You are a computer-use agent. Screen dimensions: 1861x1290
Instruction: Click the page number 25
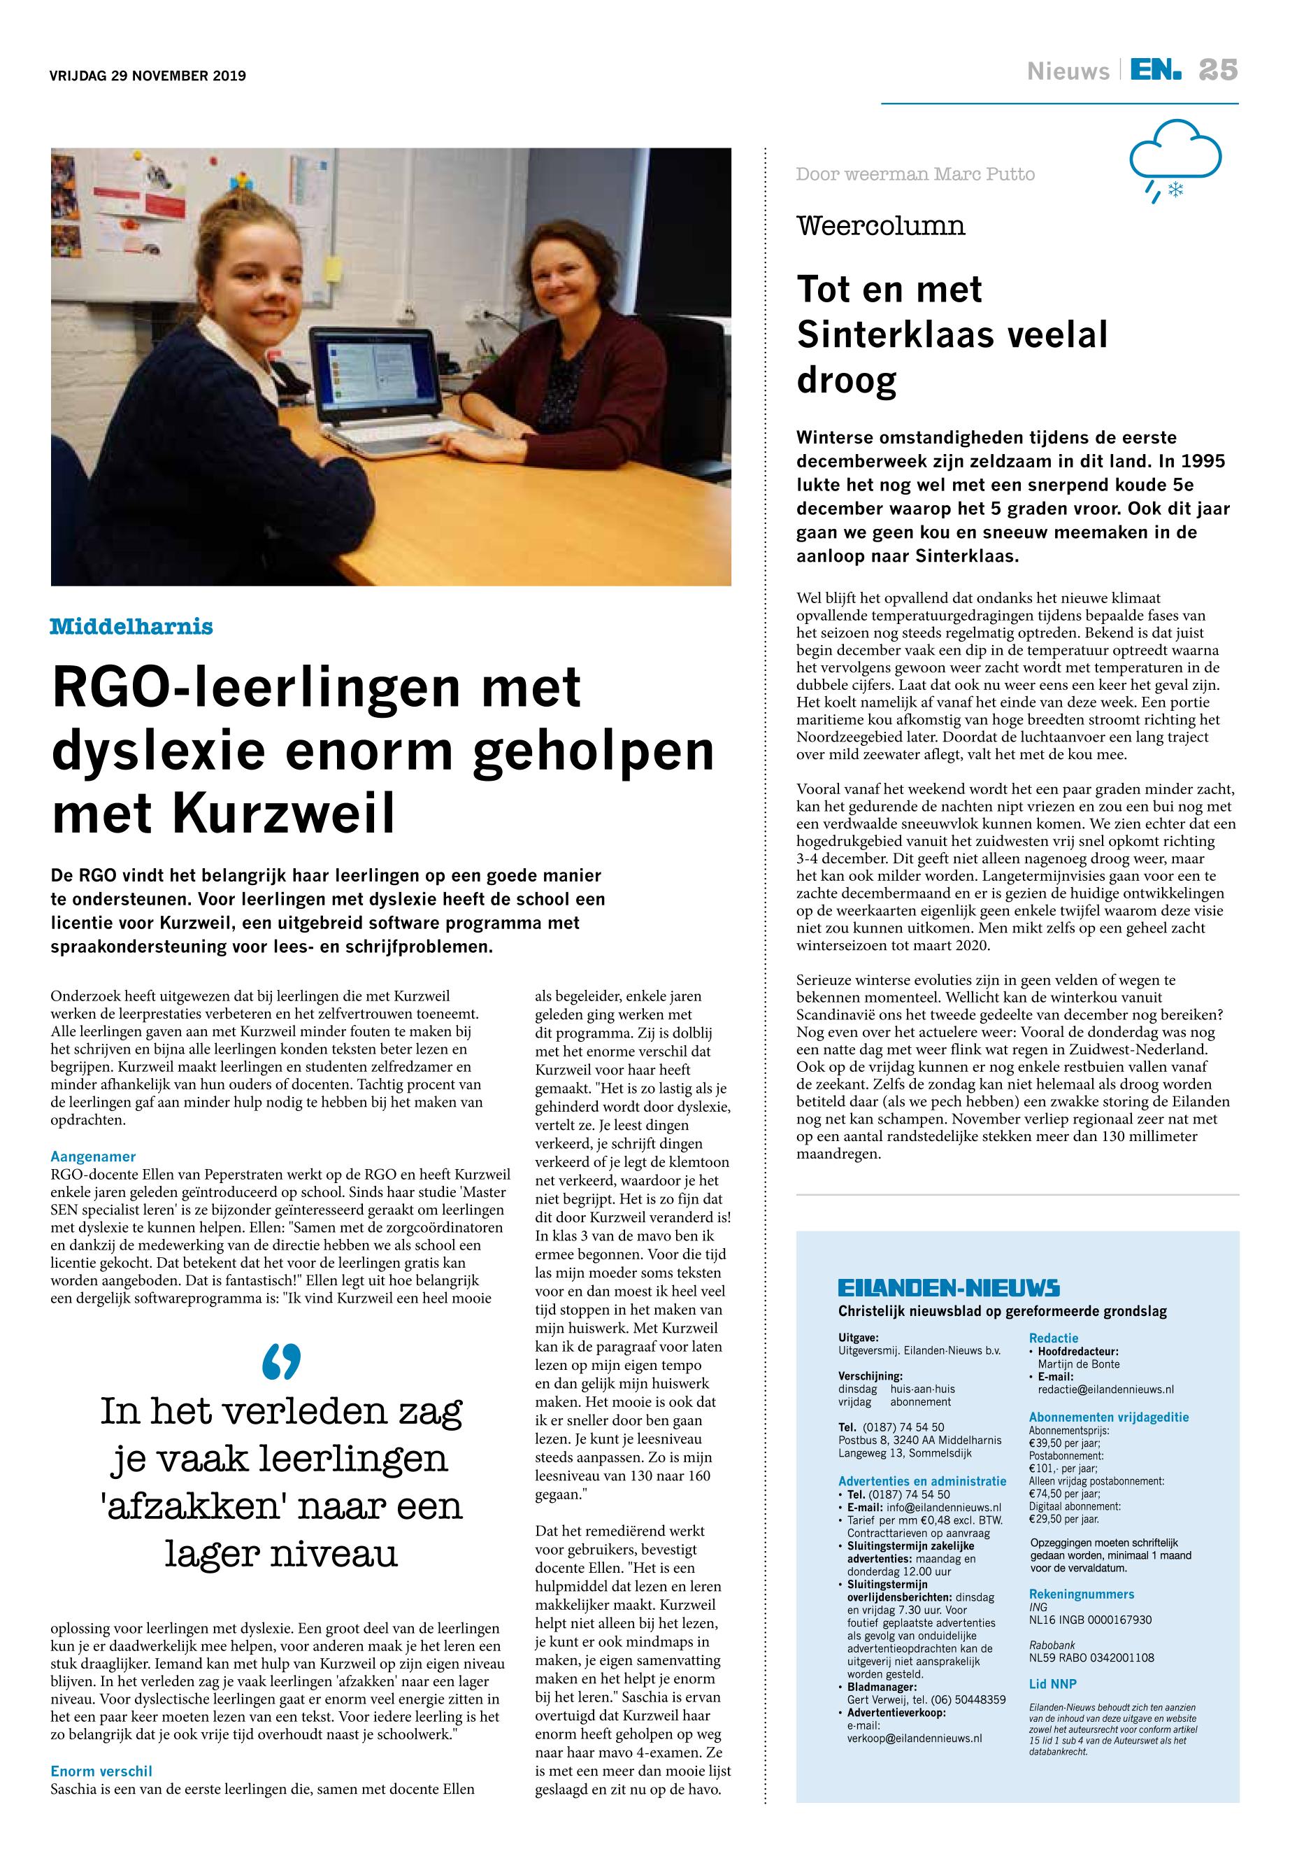[1218, 71]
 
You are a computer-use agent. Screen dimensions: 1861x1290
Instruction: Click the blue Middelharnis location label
[131, 626]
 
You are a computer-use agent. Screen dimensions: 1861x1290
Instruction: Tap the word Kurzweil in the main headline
[284, 814]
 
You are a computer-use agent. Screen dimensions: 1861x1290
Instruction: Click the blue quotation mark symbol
[281, 1361]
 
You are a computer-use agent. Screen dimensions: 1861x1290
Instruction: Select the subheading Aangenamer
[93, 1156]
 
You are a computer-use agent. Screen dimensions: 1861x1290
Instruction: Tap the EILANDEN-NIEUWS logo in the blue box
[948, 1289]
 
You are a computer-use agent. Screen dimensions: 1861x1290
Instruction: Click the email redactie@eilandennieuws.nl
[1105, 1389]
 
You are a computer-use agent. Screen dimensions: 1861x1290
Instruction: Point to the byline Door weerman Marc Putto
[915, 174]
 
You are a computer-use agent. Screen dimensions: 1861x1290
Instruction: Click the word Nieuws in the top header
[1068, 72]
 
